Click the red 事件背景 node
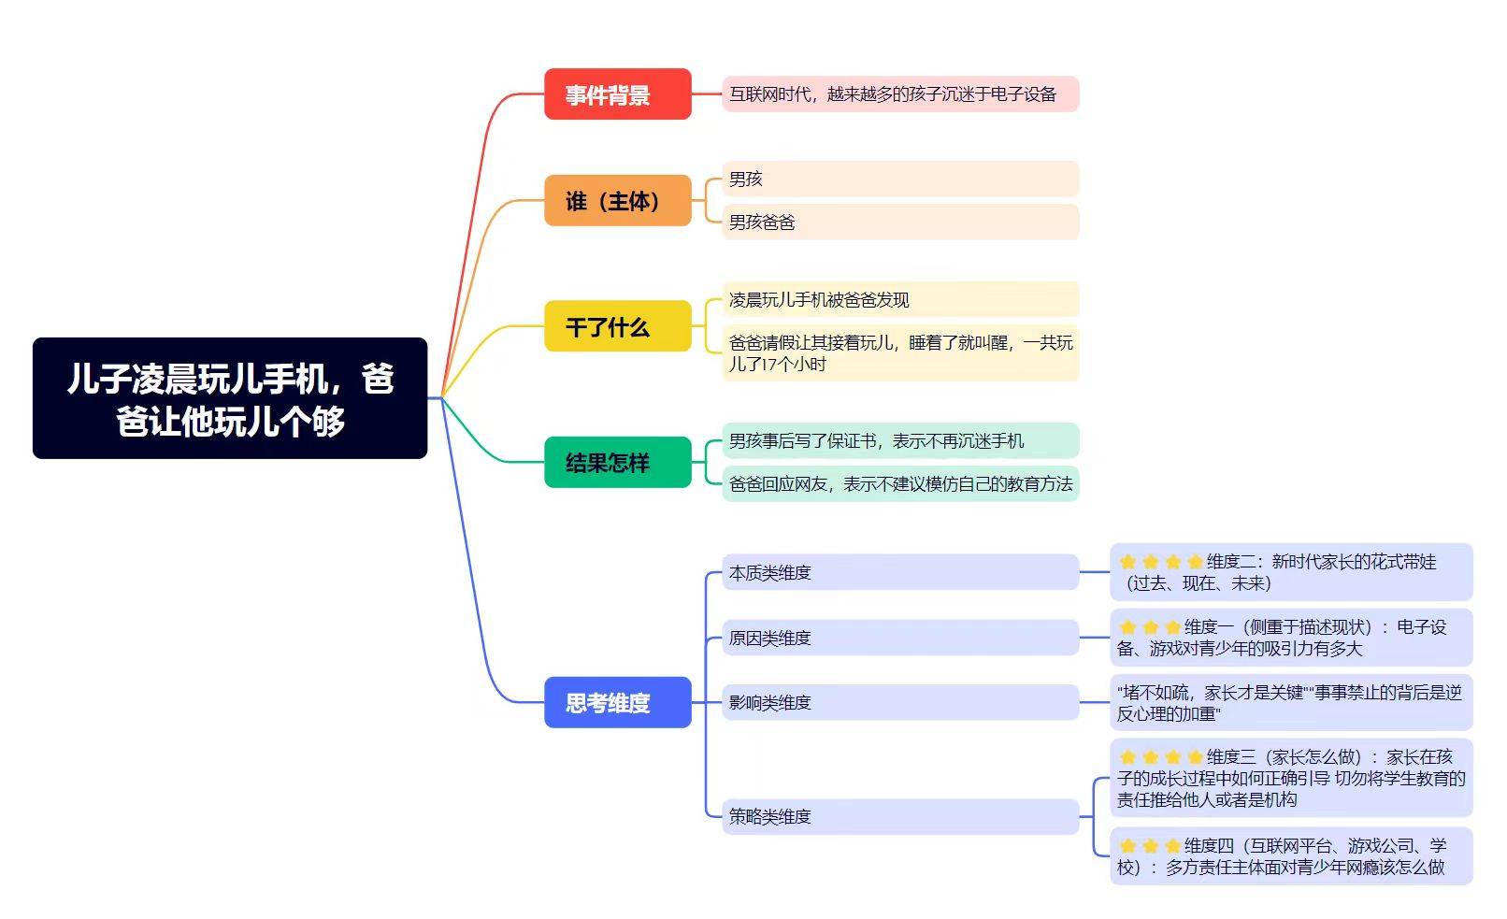point(617,94)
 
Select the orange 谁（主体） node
point(617,201)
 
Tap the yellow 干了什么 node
point(617,326)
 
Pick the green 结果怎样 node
point(617,462)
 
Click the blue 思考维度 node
point(617,702)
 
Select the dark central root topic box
point(230,398)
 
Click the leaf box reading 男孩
point(899,179)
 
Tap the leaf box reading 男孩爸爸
point(899,222)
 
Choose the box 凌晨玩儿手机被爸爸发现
point(899,299)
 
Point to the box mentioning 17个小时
point(899,353)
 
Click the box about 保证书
point(899,440)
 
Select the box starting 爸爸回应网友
point(899,483)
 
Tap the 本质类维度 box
point(899,572)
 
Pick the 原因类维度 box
point(899,638)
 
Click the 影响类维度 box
point(899,702)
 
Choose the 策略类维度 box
point(899,816)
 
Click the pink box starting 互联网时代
point(899,94)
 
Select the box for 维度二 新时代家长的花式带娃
point(1290,572)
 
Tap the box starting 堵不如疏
point(1290,702)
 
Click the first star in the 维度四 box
point(1128,846)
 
